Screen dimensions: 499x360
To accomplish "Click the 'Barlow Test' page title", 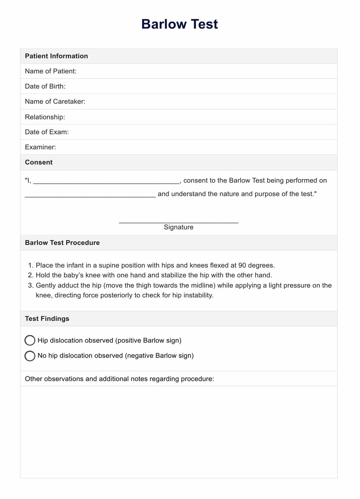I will coord(179,24).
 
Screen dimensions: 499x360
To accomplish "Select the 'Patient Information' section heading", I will coord(56,56).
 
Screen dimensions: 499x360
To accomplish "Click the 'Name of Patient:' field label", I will coord(51,71).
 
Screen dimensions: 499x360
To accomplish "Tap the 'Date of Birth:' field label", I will coord(45,86).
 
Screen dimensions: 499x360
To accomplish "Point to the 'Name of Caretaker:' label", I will coord(55,102).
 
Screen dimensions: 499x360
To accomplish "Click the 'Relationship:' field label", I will coord(45,117).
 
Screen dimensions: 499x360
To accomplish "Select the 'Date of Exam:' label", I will coord(47,132).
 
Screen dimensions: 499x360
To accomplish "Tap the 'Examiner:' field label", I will coord(40,147).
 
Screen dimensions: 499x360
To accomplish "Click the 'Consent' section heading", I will coord(39,162).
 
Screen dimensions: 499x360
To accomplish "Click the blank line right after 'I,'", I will coord(106,182).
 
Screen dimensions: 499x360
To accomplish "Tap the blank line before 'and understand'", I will coord(90,196).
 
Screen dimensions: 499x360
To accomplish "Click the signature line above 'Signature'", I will coord(178,222).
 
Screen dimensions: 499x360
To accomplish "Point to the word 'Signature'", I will coord(178,227).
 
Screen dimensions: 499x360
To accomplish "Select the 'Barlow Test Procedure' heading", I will coord(62,243).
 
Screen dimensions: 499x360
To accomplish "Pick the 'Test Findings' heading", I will coord(47,319).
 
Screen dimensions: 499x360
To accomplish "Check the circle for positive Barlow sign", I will coord(30,340).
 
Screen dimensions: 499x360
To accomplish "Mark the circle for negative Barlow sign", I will coord(30,356).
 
